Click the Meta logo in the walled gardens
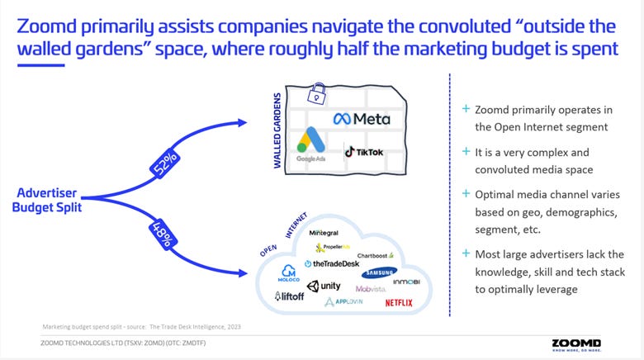[361, 119]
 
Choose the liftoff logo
[290, 296]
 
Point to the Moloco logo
[289, 273]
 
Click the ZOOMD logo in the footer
[576, 343]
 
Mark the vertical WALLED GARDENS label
[279, 135]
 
